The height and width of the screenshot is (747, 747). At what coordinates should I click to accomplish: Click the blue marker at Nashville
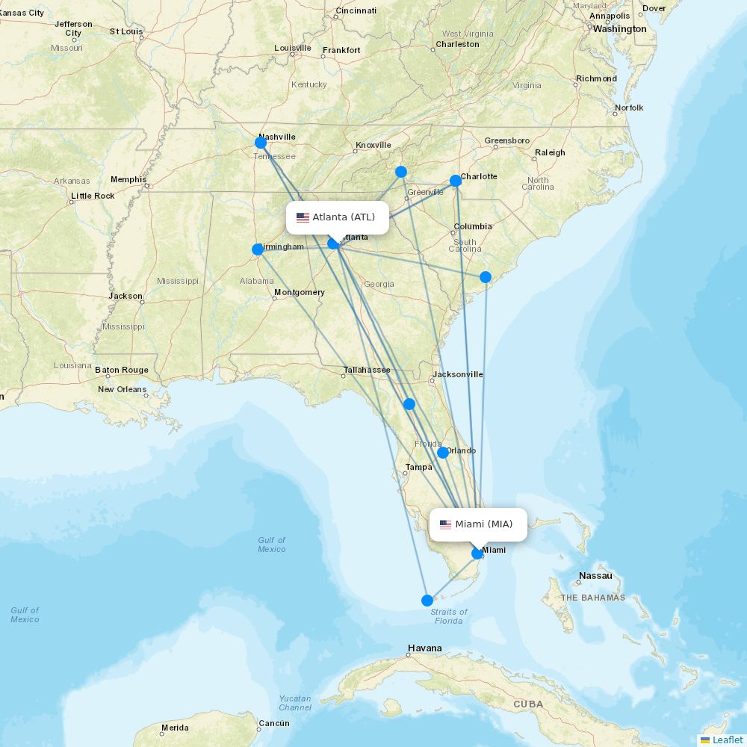tap(261, 143)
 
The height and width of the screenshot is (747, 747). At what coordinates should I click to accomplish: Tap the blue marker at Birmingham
tap(258, 249)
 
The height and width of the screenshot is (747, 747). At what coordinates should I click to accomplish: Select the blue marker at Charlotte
tap(456, 181)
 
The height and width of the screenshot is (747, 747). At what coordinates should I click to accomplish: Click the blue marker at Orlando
tap(443, 453)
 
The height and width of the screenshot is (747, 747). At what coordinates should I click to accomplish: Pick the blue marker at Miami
tap(477, 554)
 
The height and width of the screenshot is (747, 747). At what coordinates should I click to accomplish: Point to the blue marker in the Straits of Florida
tap(427, 601)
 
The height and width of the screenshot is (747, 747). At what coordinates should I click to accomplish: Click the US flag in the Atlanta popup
tap(303, 217)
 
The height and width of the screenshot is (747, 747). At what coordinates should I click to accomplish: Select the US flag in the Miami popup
tap(445, 524)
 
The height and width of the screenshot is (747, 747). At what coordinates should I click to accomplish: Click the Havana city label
tap(425, 648)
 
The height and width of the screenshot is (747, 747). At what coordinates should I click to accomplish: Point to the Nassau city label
tap(595, 576)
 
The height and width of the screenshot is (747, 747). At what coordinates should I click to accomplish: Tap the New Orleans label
tap(123, 389)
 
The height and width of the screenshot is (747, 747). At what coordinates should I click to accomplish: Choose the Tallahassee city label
tap(367, 370)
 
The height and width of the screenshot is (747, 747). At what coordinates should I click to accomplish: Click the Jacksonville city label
tap(458, 374)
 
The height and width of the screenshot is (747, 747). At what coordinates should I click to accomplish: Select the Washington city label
tap(620, 29)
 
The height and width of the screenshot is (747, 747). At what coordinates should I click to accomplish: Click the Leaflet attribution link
tap(727, 740)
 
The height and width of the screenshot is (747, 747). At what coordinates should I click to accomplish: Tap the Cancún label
tap(273, 723)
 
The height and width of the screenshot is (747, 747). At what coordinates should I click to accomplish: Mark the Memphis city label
tap(128, 179)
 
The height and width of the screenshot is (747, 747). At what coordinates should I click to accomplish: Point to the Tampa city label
tap(418, 467)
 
